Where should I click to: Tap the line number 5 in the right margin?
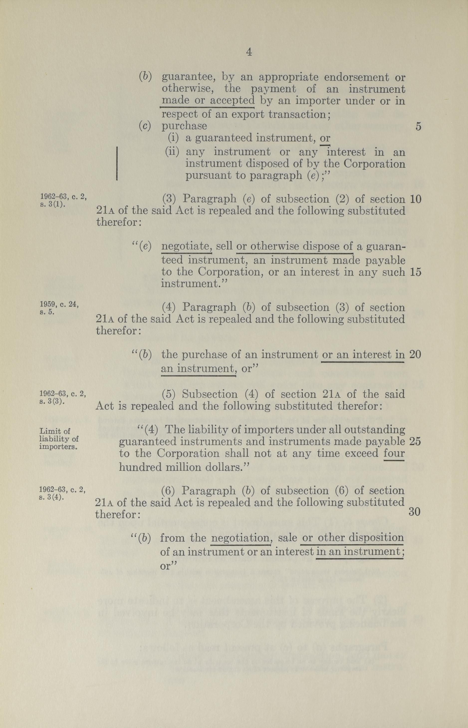pyautogui.click(x=418, y=127)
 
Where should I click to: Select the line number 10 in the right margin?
pyautogui.click(x=415, y=199)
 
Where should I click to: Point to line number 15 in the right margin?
pyautogui.click(x=415, y=272)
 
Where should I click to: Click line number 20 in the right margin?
pyautogui.click(x=415, y=355)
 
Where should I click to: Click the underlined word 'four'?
pyautogui.click(x=394, y=453)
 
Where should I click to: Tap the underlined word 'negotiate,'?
pyautogui.click(x=186, y=246)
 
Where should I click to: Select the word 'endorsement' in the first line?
pyautogui.click(x=356, y=78)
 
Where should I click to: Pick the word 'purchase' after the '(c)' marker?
pyautogui.click(x=184, y=126)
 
